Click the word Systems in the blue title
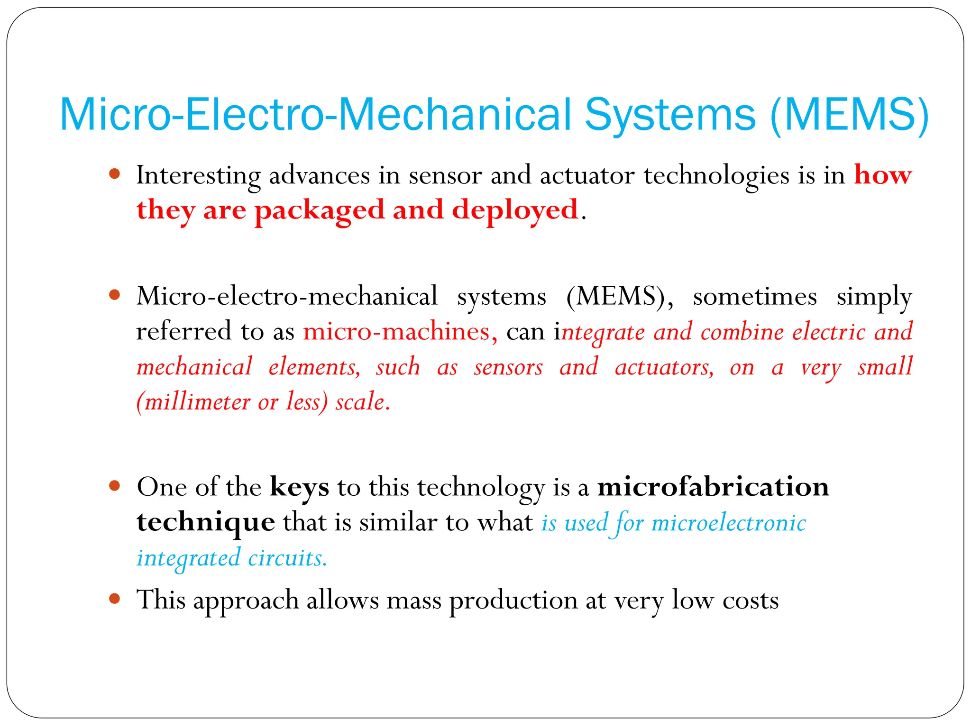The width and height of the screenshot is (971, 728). [669, 115]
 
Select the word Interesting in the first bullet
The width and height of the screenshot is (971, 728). [198, 175]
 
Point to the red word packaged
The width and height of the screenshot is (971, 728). [319, 210]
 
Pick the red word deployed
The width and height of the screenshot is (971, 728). [515, 210]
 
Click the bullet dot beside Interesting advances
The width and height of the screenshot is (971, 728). [114, 173]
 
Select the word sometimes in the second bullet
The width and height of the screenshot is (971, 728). [755, 297]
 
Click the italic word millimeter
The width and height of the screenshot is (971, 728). [197, 402]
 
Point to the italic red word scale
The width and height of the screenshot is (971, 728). [362, 402]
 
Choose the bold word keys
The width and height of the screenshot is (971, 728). [299, 487]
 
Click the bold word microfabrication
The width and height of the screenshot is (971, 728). [713, 487]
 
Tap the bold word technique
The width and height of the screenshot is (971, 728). [206, 522]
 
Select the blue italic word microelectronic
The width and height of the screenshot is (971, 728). [729, 523]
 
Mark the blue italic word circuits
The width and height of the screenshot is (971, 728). [287, 558]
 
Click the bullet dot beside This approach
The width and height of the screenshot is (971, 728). [114, 599]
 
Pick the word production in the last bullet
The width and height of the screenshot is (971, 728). [513, 601]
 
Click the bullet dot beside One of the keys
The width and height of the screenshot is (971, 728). [114, 485]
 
